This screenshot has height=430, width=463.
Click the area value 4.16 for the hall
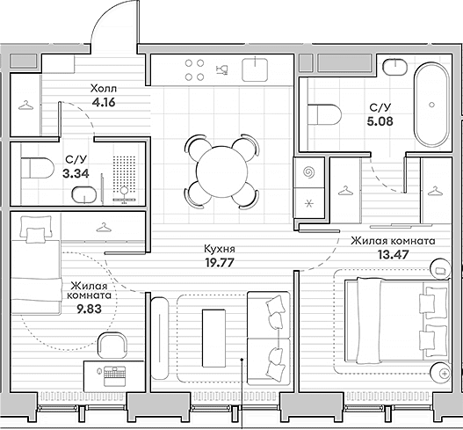(x=104, y=103)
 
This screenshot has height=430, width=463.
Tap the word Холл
(x=104, y=88)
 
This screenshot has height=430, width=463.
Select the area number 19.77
(x=220, y=262)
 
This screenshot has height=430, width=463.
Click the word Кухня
(x=220, y=249)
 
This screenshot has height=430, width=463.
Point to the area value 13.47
(x=393, y=254)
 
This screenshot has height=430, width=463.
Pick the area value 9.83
(x=90, y=309)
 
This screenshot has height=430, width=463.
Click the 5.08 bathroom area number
(x=380, y=121)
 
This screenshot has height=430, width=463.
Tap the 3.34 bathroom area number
(x=76, y=173)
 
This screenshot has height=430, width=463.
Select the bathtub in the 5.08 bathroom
(x=431, y=105)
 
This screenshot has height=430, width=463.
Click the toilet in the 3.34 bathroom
(x=37, y=168)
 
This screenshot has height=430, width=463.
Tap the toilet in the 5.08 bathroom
(x=324, y=114)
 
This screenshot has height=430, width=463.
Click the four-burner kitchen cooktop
(x=194, y=70)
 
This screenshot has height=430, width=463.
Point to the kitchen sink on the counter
(x=255, y=69)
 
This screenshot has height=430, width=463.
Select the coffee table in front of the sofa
(x=213, y=338)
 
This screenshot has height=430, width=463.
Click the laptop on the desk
(x=114, y=375)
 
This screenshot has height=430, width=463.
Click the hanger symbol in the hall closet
(x=25, y=106)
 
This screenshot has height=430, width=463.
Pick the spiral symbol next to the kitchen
(x=309, y=172)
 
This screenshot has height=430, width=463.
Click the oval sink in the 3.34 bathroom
(x=84, y=195)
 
